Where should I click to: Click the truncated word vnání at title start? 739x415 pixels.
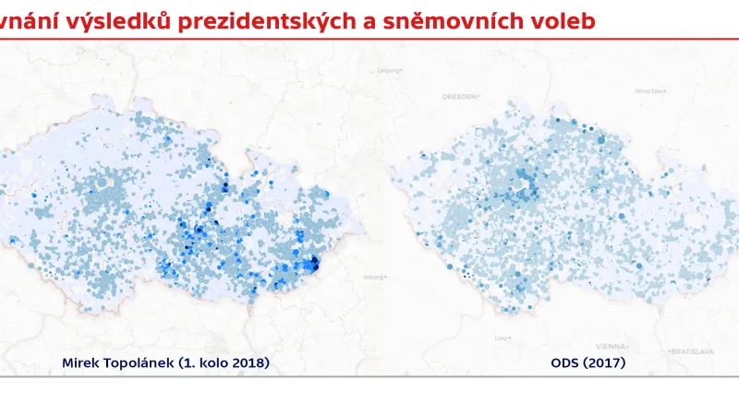[x=24, y=20]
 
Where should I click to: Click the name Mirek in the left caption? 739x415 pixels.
[x=80, y=363]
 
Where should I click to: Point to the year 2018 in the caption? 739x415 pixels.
[x=249, y=363]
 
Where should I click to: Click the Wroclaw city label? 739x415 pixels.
[x=649, y=90]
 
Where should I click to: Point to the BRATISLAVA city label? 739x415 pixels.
[x=693, y=351]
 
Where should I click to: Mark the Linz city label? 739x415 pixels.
[x=503, y=337]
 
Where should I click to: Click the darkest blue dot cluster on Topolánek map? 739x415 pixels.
[x=313, y=265]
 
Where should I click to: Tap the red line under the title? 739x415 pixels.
[x=369, y=39]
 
